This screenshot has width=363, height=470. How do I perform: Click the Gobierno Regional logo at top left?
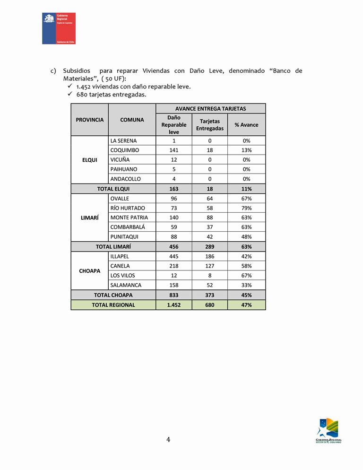[59, 28]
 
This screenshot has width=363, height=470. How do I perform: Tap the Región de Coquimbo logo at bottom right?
[328, 430]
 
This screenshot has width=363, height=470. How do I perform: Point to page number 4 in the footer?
[168, 440]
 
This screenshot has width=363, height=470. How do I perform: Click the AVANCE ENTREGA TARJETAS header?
[210, 109]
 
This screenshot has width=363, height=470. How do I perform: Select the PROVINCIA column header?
[90, 120]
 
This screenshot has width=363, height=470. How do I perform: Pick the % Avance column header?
[246, 125]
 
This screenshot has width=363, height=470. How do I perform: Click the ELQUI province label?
[90, 160]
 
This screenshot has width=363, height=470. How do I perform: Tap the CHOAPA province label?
[90, 271]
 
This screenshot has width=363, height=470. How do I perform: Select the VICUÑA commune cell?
[120, 160]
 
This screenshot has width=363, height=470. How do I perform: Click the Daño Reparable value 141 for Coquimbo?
[173, 150]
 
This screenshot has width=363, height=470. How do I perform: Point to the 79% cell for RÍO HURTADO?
[246, 208]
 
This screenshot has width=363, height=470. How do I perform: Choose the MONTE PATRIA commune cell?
[129, 218]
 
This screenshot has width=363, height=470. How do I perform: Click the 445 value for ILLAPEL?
[173, 256]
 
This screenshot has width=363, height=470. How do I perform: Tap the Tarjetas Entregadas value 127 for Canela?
[210, 266]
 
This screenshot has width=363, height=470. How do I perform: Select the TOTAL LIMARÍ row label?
[113, 246]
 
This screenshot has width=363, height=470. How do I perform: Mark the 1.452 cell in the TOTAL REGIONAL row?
[173, 305]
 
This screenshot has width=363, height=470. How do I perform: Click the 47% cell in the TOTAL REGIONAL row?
[246, 305]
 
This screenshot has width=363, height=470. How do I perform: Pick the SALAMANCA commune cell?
[126, 285]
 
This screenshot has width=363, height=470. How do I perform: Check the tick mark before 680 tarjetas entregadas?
[70, 94]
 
